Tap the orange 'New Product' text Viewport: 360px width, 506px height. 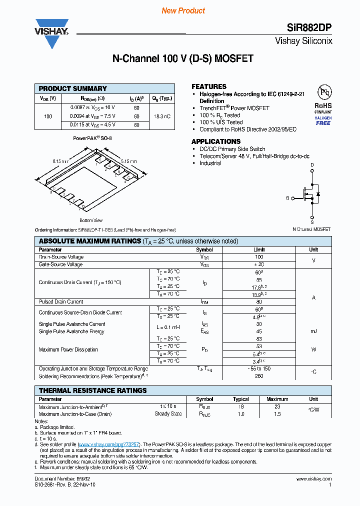coord(183,10)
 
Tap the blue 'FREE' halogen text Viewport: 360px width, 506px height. coord(323,123)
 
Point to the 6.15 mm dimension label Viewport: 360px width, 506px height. coord(60,161)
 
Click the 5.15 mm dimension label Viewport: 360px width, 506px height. coord(129,161)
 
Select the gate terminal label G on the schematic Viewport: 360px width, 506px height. coord(287,198)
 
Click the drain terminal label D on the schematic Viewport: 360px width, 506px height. coord(312,164)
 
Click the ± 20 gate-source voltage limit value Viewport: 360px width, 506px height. coord(259,264)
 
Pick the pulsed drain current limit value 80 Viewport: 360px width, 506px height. coord(259,302)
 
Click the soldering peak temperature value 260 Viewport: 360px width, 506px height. coord(259,376)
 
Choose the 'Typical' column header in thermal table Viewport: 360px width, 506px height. coord(240,399)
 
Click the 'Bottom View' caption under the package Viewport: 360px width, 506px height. coord(91,220)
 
